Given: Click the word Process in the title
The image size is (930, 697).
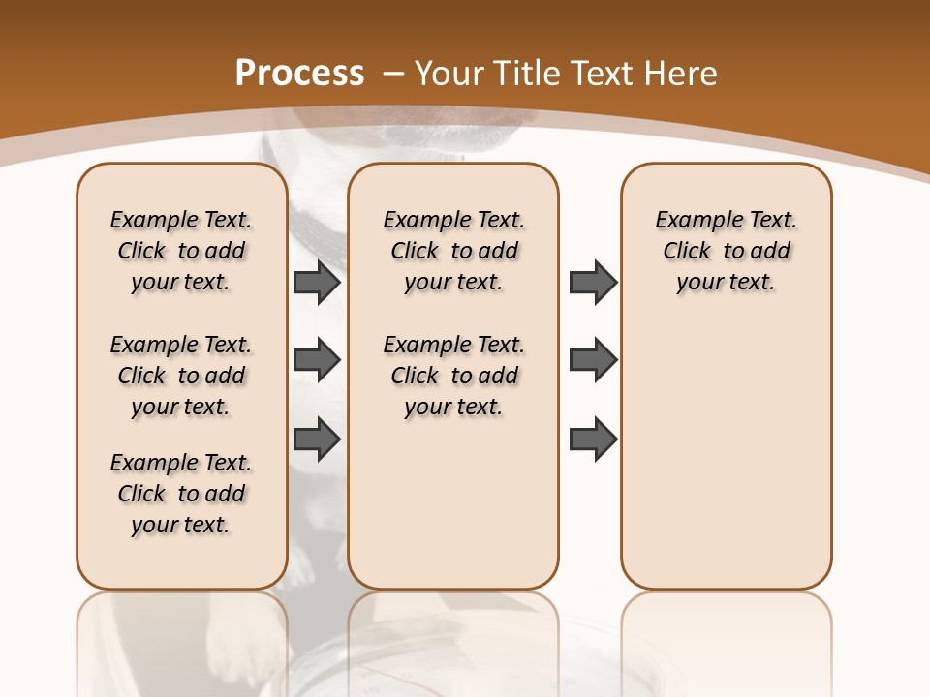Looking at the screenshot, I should point(300,74).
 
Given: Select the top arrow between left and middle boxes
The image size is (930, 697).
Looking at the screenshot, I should point(317,282).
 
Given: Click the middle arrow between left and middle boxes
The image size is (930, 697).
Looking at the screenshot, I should point(317,360).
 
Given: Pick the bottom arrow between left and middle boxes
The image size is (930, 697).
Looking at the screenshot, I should point(317,438).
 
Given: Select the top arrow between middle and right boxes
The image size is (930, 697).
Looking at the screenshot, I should point(593,282).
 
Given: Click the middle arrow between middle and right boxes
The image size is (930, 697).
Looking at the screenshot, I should point(593,360).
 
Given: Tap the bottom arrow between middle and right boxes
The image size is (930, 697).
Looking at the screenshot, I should point(593,438).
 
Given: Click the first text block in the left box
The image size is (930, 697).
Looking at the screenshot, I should point(181,251).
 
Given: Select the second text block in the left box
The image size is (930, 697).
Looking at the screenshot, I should point(181,376).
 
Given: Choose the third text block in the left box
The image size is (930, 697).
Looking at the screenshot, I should point(181,494).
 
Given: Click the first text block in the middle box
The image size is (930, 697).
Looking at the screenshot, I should point(453,251).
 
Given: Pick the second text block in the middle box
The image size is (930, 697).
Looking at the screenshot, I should point(453,376).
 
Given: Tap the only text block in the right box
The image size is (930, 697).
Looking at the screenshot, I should point(726,251).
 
